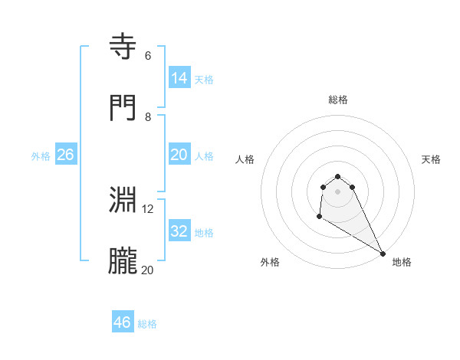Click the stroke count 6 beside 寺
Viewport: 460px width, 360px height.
click(x=147, y=56)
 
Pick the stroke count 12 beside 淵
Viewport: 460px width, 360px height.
click(x=148, y=208)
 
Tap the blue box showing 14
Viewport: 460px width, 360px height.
click(x=179, y=78)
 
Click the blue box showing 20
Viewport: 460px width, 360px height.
click(x=179, y=155)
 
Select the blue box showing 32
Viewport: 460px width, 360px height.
click(x=179, y=231)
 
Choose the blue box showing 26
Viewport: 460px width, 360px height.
click(x=65, y=155)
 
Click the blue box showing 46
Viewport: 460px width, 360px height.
click(x=123, y=322)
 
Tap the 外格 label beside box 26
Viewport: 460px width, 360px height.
click(x=41, y=156)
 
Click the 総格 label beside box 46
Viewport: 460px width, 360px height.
click(x=147, y=324)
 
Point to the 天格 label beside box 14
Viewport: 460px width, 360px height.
click(x=204, y=80)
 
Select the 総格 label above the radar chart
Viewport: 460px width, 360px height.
click(x=338, y=100)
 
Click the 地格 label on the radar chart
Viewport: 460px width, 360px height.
click(x=402, y=262)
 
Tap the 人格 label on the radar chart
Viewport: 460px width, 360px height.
click(x=245, y=159)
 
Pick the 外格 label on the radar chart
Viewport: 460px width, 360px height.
click(x=270, y=262)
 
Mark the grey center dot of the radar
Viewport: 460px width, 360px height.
click(x=337, y=191)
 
